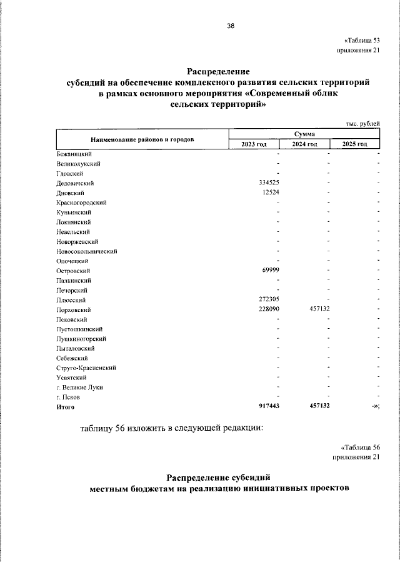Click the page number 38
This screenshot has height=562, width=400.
pos(231,26)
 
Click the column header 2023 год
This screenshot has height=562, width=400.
pos(254,144)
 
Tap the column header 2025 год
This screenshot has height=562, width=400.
pos(354,144)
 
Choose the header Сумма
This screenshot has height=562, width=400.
pos(304,134)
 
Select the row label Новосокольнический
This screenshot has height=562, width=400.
pos(87,251)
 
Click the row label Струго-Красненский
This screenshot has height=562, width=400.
pos(86,368)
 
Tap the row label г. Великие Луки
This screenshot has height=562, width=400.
pos(79,388)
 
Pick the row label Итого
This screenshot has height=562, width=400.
pos(65,407)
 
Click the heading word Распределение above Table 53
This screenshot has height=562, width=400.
pos(218,72)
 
